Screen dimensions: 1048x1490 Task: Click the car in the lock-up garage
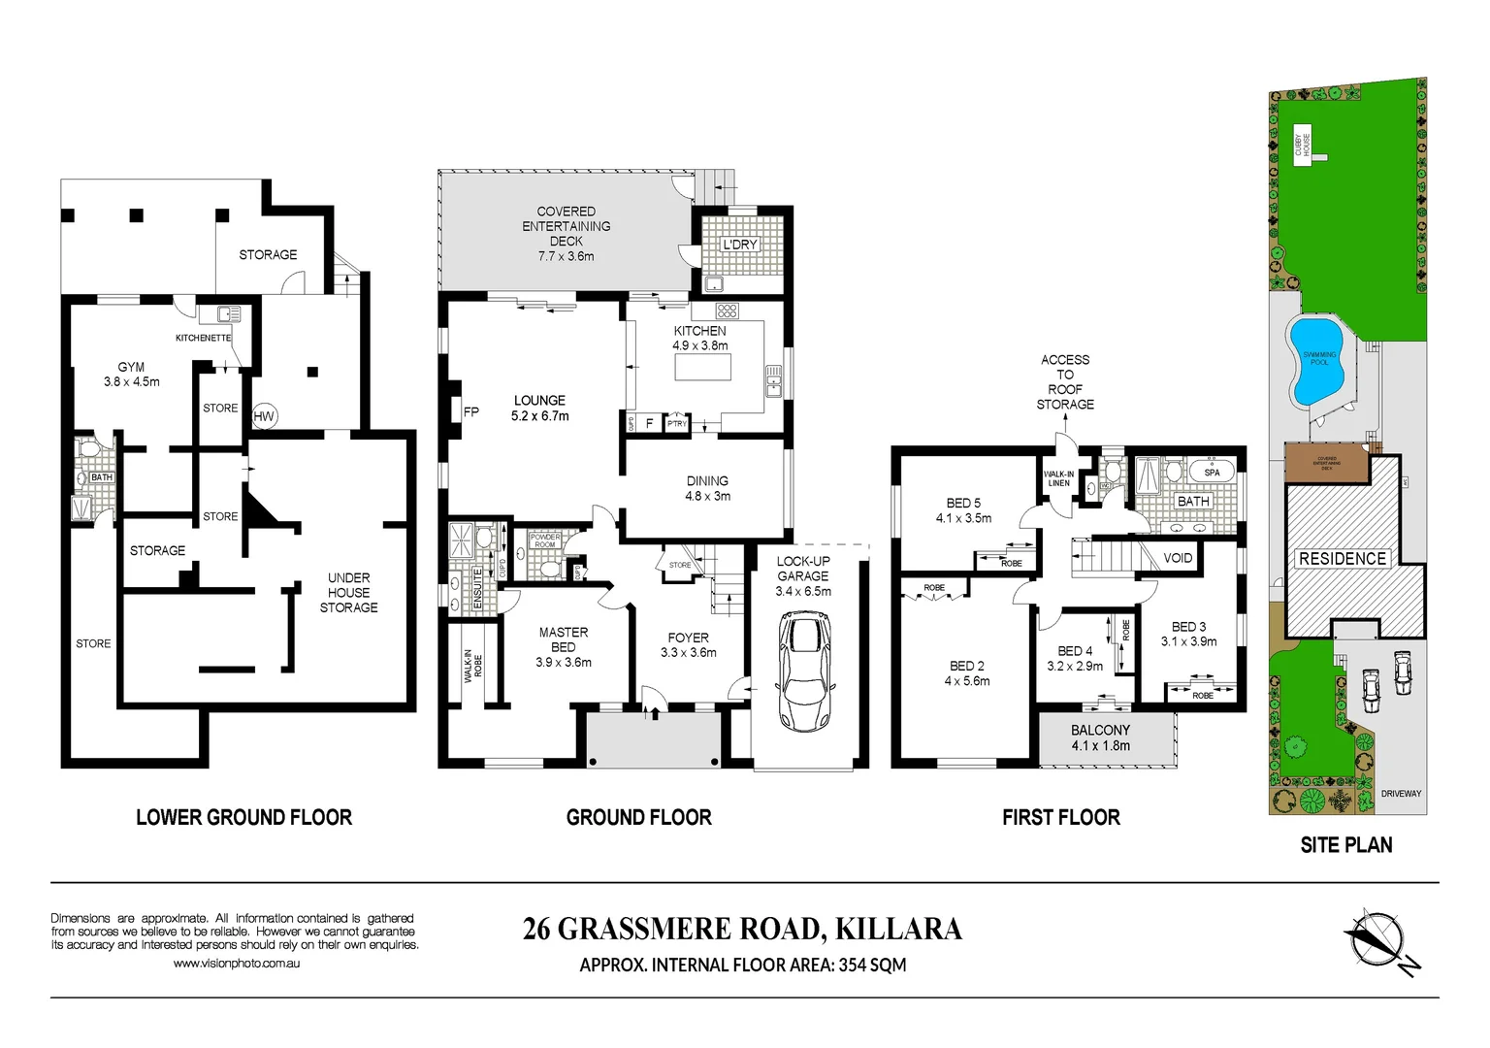click(x=804, y=671)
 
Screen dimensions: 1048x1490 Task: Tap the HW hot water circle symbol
click(x=264, y=416)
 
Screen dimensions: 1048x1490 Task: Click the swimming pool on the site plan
click(x=1314, y=361)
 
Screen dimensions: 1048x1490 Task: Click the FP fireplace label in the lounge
click(x=471, y=411)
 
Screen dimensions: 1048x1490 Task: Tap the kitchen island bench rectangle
click(x=701, y=369)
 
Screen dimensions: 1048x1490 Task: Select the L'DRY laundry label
click(x=739, y=245)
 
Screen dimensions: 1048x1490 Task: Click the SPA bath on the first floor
click(x=1211, y=473)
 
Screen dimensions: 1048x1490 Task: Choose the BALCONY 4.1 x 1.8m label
click(x=1100, y=737)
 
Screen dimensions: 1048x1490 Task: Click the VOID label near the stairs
click(x=1178, y=558)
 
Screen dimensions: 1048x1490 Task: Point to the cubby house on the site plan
click(x=1305, y=147)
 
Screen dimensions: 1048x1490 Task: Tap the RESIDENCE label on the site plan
click(x=1343, y=559)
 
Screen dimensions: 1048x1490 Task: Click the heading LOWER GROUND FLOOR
click(x=243, y=817)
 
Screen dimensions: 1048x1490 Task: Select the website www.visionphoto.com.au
click(x=237, y=964)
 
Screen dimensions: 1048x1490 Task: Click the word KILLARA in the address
click(x=898, y=929)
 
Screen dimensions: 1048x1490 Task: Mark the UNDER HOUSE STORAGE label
click(x=348, y=592)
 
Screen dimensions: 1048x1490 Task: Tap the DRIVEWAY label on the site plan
click(x=1401, y=794)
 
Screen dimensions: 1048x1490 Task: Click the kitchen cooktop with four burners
click(x=728, y=311)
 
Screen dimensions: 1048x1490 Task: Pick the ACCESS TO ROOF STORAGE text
click(x=1065, y=381)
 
